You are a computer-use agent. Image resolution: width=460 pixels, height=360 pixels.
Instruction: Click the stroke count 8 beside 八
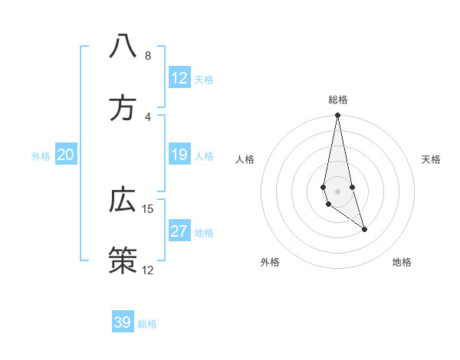(x=147, y=56)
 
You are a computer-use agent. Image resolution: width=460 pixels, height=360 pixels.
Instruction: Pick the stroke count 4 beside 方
(x=147, y=117)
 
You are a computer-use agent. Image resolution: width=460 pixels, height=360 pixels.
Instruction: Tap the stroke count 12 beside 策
(x=148, y=270)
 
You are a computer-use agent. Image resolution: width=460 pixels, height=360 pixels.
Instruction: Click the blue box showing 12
(x=179, y=78)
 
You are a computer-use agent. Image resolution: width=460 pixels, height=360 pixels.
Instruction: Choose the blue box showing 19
(x=179, y=155)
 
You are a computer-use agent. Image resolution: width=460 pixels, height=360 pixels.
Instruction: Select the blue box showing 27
(x=179, y=232)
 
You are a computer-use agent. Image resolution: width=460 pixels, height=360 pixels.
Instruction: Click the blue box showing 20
(x=66, y=155)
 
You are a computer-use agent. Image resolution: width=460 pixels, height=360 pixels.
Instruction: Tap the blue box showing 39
(x=123, y=322)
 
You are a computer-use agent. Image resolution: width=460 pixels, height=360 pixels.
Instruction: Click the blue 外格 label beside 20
(x=41, y=156)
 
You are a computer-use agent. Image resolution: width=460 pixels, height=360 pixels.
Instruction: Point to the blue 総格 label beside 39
(x=147, y=324)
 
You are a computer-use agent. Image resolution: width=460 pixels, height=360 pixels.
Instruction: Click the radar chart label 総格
(x=338, y=100)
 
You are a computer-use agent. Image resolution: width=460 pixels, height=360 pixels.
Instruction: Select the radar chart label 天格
(x=431, y=159)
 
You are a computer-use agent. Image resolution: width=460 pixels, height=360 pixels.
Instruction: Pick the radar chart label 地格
(x=402, y=262)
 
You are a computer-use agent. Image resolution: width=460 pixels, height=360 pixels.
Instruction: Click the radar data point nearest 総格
(x=338, y=116)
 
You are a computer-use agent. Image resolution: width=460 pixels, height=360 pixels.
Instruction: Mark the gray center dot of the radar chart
(x=338, y=191)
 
